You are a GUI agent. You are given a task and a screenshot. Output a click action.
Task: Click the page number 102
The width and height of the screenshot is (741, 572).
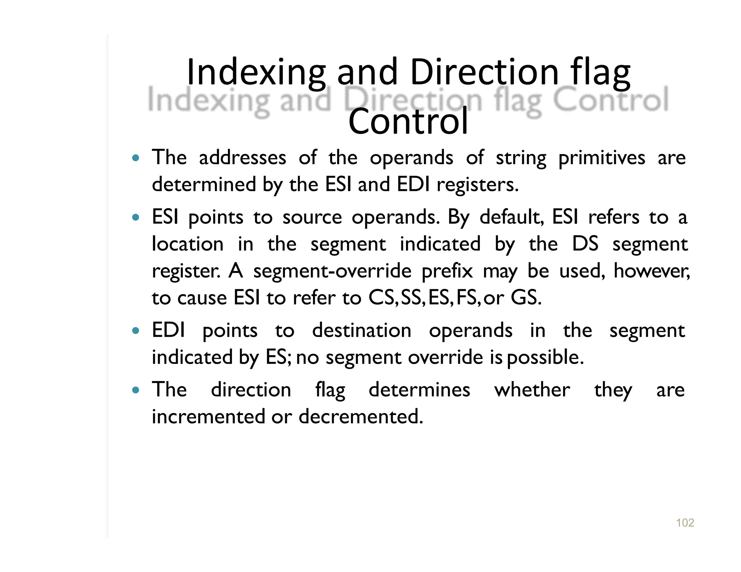[685, 522]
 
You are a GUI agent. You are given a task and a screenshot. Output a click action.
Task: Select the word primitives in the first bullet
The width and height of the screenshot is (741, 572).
[602, 158]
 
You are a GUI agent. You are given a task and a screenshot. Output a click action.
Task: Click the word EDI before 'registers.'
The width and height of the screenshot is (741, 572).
[413, 184]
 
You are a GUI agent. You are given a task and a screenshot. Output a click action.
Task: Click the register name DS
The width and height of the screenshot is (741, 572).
[585, 244]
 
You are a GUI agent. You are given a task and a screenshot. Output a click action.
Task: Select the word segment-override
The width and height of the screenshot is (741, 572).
[332, 271]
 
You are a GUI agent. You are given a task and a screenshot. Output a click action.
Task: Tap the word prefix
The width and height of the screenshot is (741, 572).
[447, 271]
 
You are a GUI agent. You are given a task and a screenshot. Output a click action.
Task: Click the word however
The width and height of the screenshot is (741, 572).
[652, 271]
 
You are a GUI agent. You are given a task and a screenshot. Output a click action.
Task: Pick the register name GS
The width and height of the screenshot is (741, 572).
[526, 298]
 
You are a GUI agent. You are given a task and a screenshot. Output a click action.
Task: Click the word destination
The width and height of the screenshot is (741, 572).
[362, 330]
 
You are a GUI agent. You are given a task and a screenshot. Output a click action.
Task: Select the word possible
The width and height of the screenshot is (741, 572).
[545, 358]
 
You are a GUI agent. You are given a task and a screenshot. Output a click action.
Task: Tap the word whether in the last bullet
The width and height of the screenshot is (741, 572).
[532, 390]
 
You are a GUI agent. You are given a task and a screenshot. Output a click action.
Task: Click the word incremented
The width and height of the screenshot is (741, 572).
[209, 417]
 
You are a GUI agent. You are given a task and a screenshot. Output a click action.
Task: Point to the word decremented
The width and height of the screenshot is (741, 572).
[361, 417]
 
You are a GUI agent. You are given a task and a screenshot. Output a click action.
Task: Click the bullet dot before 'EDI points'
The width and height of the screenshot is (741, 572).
[136, 330]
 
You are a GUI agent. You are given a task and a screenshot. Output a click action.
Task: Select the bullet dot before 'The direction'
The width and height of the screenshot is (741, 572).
[136, 390]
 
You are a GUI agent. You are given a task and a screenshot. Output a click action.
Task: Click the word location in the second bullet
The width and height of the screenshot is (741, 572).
[188, 244]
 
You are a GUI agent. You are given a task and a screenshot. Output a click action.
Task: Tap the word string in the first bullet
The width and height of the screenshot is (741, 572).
[521, 158]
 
